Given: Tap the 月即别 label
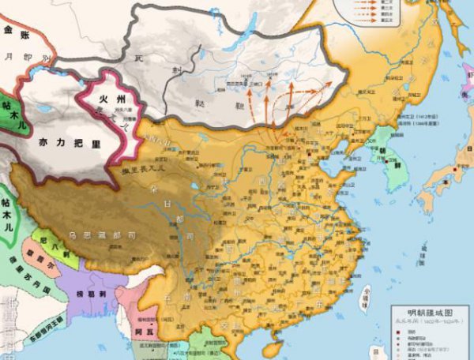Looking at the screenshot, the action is click(x=32, y=57).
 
